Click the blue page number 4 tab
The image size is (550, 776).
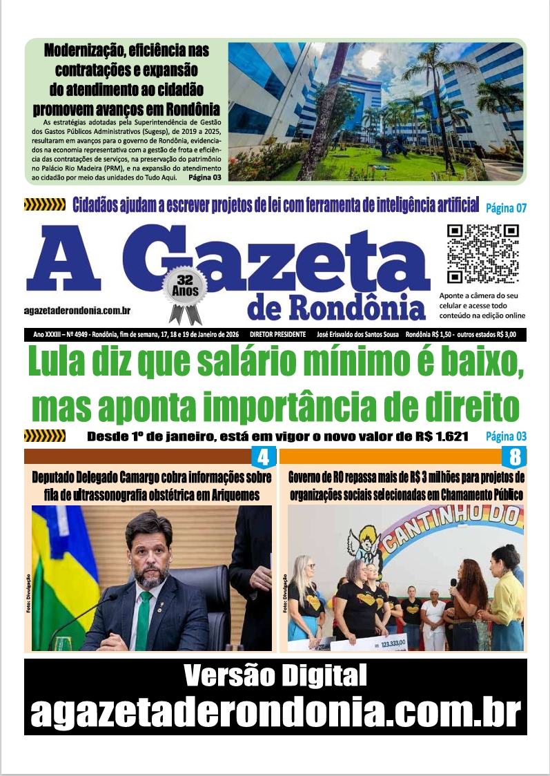[263, 457]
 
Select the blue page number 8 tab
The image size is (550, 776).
[514, 457]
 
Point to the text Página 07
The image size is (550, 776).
[507, 206]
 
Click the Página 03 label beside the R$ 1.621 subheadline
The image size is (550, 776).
[506, 436]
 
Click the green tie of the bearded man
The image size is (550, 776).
[144, 619]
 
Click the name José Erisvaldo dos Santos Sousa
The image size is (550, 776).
[359, 335]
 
